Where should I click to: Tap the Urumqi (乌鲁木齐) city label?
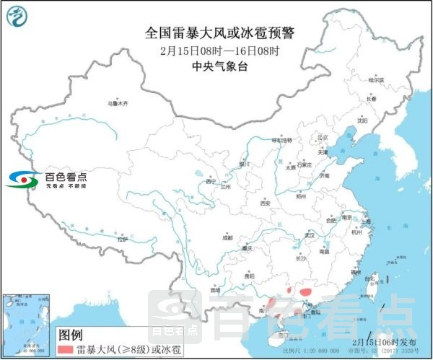117,104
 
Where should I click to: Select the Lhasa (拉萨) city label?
121,238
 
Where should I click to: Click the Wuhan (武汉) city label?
311,234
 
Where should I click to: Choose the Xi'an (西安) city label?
265,203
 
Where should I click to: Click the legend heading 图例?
71,335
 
